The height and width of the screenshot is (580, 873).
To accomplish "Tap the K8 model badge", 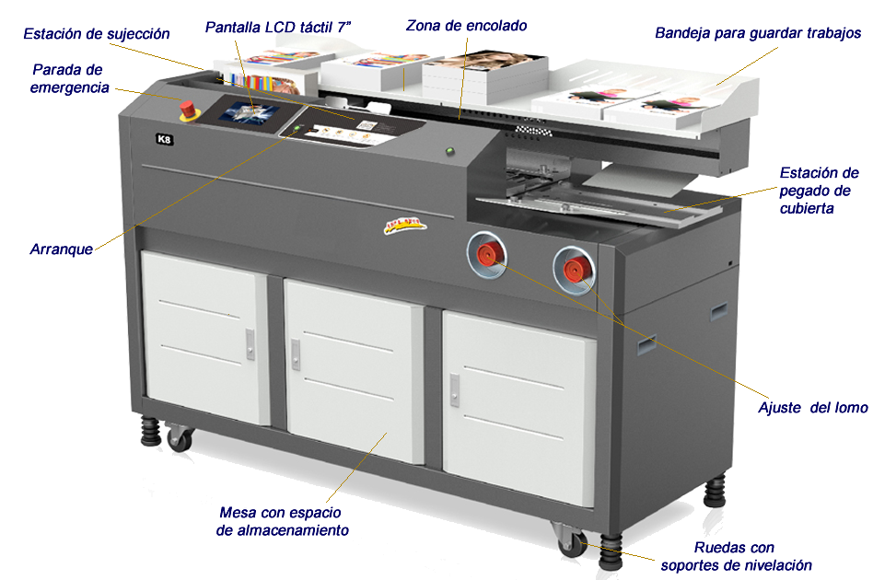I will (x=165, y=140).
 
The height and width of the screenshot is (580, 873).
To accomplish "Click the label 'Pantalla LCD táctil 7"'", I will (x=279, y=28).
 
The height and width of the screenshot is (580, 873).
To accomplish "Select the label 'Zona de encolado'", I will (x=466, y=25).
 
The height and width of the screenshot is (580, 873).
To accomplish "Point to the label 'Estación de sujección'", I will (x=97, y=34).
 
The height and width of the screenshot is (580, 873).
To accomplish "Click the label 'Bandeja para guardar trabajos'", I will (x=758, y=33).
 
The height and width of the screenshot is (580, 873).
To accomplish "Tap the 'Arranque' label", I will (x=61, y=249).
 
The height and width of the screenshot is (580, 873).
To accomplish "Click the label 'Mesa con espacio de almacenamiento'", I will (x=282, y=521).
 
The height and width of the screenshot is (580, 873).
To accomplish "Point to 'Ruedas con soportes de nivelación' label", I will (x=736, y=556).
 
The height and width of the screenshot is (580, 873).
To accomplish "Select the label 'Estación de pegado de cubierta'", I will (x=818, y=190).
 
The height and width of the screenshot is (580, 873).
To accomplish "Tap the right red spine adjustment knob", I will (x=574, y=268).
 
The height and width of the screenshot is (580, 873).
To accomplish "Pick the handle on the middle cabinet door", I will (x=295, y=351).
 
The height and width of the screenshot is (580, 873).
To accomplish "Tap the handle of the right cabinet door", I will (x=454, y=389).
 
